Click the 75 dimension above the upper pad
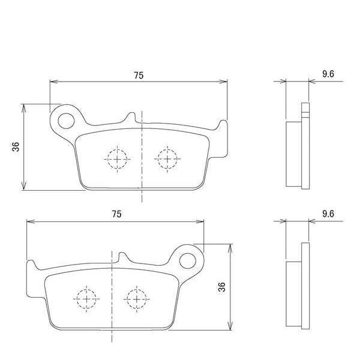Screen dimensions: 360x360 [x=139, y=75]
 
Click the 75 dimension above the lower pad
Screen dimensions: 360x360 [x=116, y=214]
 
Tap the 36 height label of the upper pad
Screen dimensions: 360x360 [x=16, y=147]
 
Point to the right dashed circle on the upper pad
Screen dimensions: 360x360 [x=166, y=159]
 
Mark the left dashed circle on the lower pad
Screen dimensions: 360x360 [x=86, y=298]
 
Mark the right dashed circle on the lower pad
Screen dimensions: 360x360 [x=136, y=298]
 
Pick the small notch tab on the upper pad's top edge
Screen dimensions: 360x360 [x=129, y=119]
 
